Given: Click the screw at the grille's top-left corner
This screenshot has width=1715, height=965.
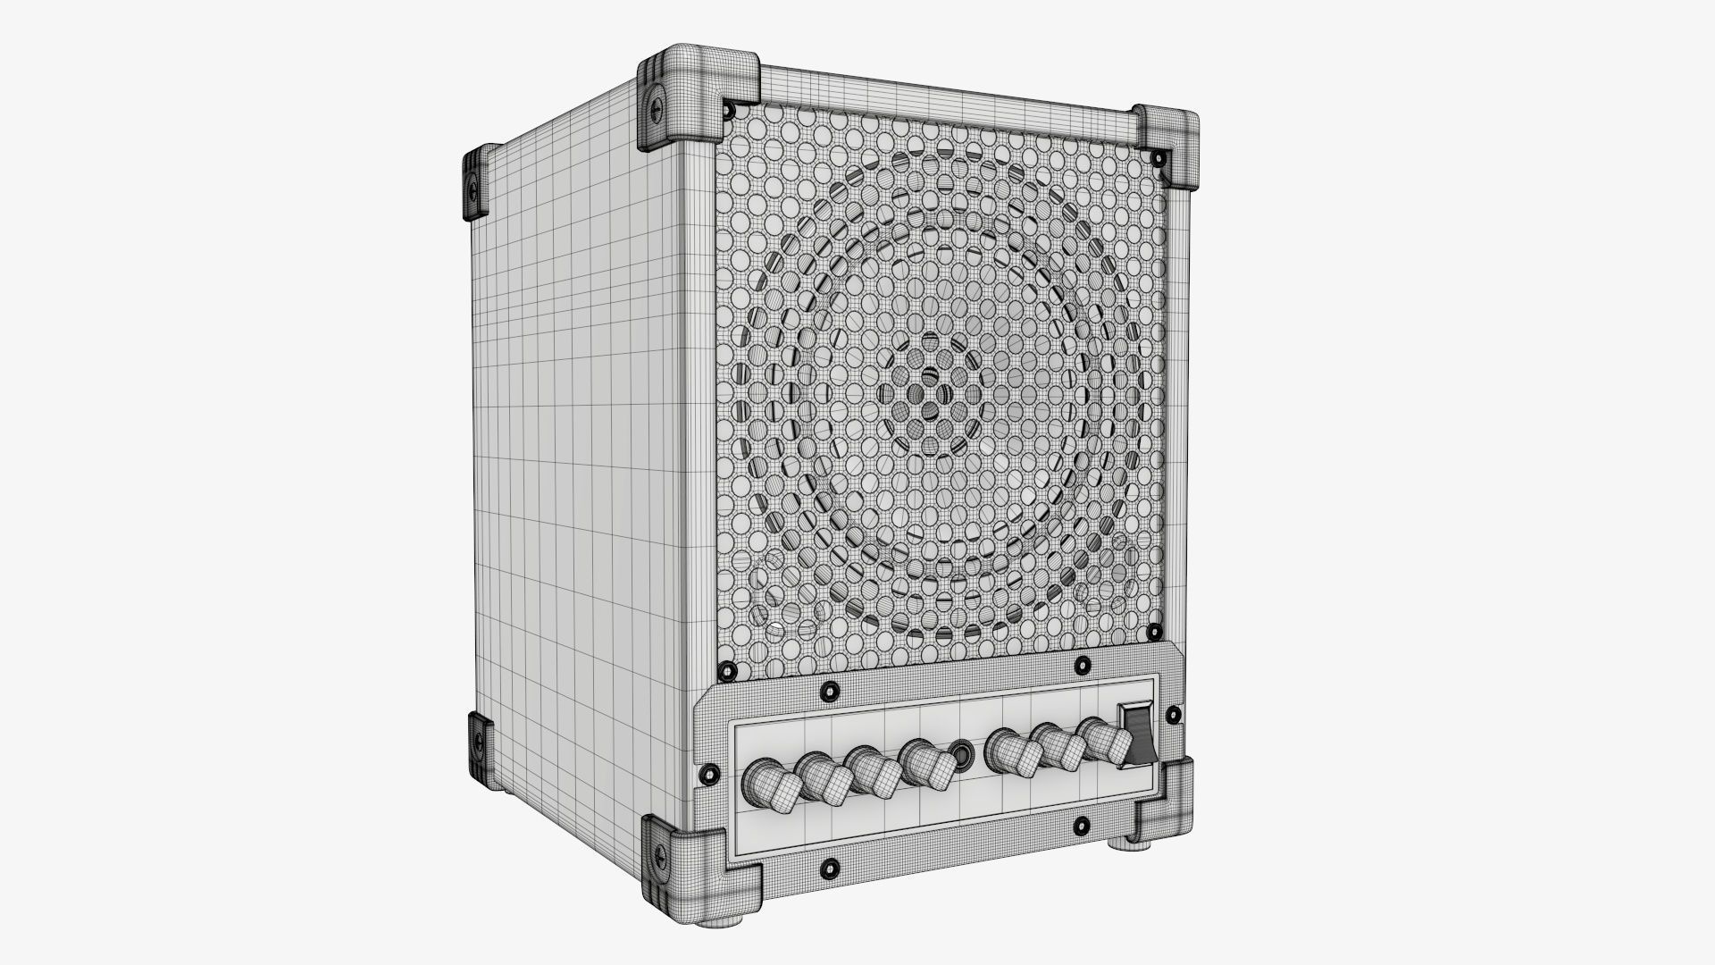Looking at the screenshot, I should point(730,110).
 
